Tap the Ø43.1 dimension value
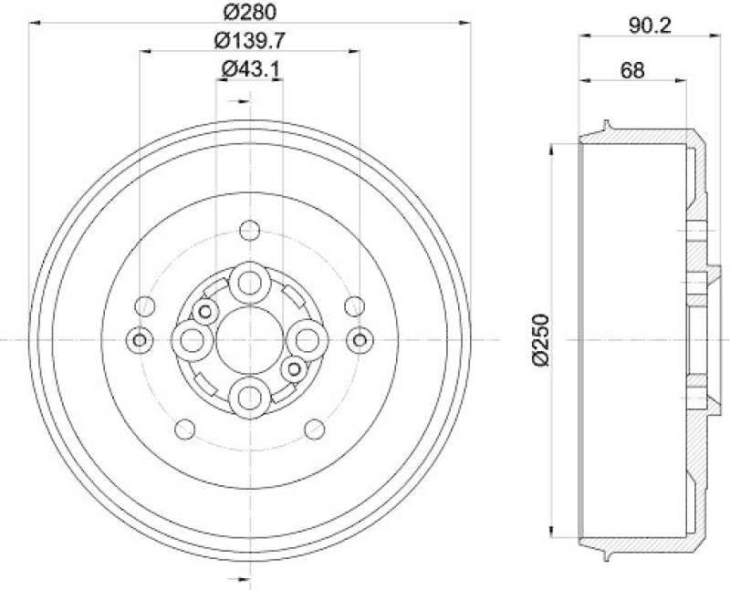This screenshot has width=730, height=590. (x=250, y=68)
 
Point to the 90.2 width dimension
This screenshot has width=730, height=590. (x=650, y=26)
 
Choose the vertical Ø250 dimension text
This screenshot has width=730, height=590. (x=539, y=339)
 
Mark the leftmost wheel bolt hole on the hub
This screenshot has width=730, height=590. (x=193, y=340)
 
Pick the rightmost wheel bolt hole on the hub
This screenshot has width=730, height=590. (x=305, y=339)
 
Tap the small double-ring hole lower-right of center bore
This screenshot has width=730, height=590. (x=293, y=368)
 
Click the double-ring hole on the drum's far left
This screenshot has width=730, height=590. (x=139, y=340)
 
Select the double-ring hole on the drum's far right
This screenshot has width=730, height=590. (x=360, y=340)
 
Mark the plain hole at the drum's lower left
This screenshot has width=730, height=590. (x=183, y=428)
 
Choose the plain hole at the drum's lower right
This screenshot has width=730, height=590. (x=315, y=428)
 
